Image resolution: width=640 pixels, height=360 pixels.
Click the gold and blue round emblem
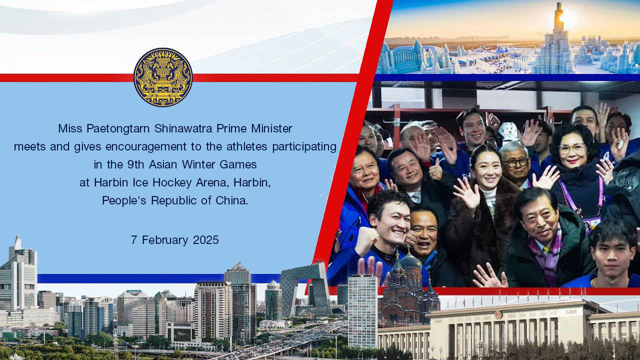click(x=163, y=77)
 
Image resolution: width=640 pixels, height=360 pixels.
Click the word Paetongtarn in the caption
click(x=118, y=128)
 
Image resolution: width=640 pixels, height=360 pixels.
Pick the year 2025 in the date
click(x=205, y=239)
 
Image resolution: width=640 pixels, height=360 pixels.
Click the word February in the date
click(x=165, y=240)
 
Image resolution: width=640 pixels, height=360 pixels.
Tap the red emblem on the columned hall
click(x=498, y=315)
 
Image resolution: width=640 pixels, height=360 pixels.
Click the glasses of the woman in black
click(x=571, y=149)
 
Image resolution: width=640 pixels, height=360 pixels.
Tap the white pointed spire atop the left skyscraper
click(x=18, y=243)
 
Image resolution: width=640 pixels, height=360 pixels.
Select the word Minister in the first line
click(x=271, y=128)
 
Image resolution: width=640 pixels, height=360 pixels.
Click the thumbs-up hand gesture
click(x=435, y=169)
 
